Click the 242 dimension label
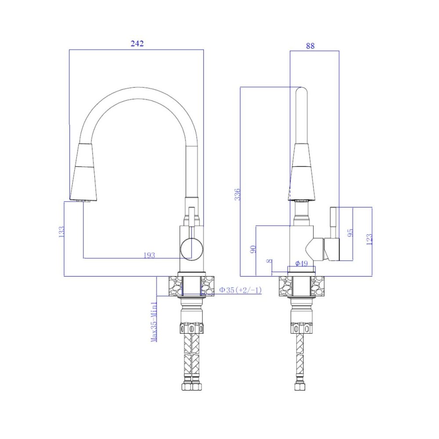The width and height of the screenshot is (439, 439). click(137, 43)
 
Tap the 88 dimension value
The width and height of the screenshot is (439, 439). click(310, 46)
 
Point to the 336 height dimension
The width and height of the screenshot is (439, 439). click(237, 194)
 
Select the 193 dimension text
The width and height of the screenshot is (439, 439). click(149, 255)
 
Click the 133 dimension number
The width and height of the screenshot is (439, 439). click(61, 232)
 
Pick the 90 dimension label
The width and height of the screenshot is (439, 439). click(253, 249)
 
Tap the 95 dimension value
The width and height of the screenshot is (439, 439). click(350, 233)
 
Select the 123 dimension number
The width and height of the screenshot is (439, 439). click(369, 239)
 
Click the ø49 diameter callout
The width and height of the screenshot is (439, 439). click(302, 263)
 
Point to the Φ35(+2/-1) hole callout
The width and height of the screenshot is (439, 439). click(240, 290)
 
